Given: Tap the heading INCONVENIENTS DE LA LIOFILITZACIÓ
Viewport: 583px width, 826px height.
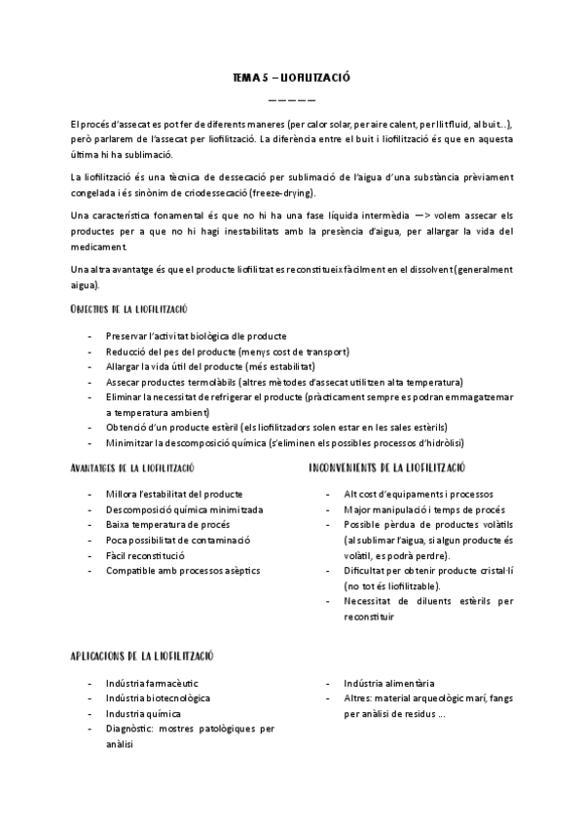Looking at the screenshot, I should click(x=386, y=468).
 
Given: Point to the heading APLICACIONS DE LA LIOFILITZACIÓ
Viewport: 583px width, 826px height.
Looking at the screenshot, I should click(x=142, y=657).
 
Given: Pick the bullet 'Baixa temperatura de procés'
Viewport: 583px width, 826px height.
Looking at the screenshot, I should click(x=167, y=524).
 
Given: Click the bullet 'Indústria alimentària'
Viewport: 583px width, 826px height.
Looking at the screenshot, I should click(x=389, y=683).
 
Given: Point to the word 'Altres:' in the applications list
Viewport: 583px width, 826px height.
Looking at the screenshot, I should click(x=360, y=697).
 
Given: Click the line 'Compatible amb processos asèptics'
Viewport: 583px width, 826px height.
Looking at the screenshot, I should click(x=183, y=570).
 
